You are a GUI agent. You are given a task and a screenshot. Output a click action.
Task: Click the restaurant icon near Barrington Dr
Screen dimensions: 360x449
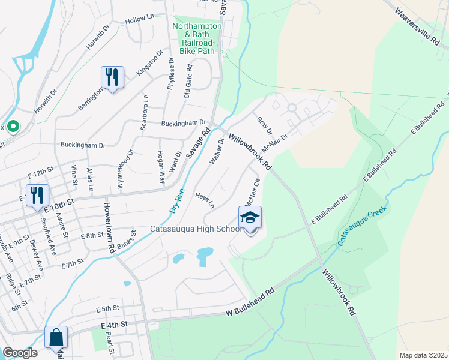coord(112,77)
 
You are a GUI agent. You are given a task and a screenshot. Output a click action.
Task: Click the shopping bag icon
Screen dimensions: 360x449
coord(56,338)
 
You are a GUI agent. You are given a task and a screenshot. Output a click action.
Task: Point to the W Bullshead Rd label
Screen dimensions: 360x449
coord(250,302)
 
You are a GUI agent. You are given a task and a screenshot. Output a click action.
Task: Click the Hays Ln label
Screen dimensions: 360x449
coord(204,200)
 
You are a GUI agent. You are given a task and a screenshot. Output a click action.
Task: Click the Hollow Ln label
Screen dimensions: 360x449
coord(139,20)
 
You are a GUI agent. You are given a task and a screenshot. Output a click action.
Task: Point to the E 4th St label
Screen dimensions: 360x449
coord(115,325)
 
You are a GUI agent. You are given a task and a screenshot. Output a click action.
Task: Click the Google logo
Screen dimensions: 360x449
coord(20,353)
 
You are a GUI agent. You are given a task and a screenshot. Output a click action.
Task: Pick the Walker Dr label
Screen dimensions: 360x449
coord(217,151)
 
